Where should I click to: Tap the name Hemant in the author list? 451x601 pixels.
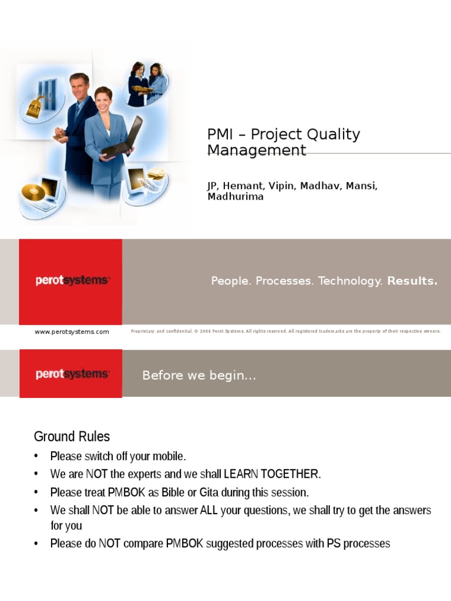tap(244, 186)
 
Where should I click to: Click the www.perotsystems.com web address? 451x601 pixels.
tap(72, 332)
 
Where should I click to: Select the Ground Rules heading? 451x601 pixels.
tap(72, 437)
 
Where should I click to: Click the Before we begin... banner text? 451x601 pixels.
tap(199, 376)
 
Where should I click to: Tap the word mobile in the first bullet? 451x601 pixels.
tap(169, 456)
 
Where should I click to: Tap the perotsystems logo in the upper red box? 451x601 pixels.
tap(72, 281)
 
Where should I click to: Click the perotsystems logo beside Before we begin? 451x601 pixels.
tap(72, 374)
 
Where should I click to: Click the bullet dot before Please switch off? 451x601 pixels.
tap(36, 456)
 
